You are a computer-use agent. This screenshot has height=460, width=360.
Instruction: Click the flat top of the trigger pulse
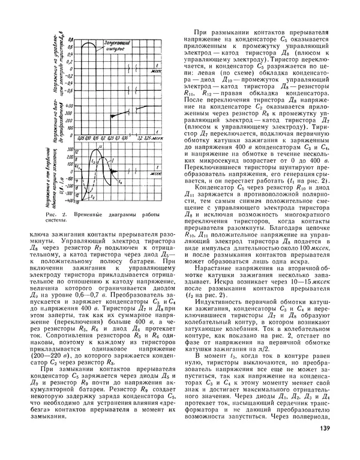[x=88, y=43]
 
